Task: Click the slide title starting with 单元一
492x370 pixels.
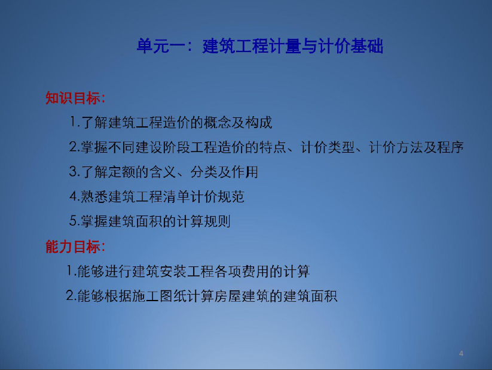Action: (x=260, y=46)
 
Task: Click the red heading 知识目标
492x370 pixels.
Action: (x=75, y=98)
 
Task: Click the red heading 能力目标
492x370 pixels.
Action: (x=75, y=247)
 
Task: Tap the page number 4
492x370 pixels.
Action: (x=461, y=353)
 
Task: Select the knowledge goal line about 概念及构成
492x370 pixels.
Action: (x=171, y=122)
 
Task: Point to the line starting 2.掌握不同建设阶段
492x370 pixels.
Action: (x=267, y=147)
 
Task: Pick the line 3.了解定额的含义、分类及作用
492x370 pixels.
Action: (x=163, y=172)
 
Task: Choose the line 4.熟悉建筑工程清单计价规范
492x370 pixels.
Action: (x=157, y=197)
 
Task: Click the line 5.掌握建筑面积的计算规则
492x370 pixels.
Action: (x=150, y=222)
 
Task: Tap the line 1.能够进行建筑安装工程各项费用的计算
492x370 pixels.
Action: (x=188, y=271)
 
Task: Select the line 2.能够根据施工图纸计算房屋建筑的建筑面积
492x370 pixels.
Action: (x=201, y=296)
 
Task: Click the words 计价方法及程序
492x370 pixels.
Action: (x=417, y=147)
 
